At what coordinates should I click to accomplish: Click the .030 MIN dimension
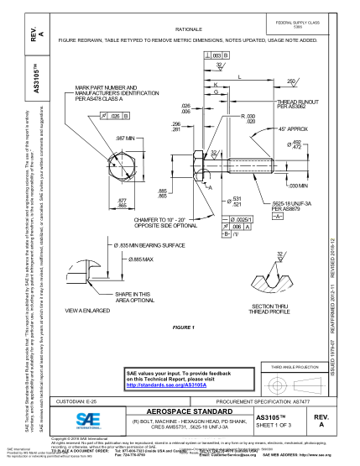pos(297,186)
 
